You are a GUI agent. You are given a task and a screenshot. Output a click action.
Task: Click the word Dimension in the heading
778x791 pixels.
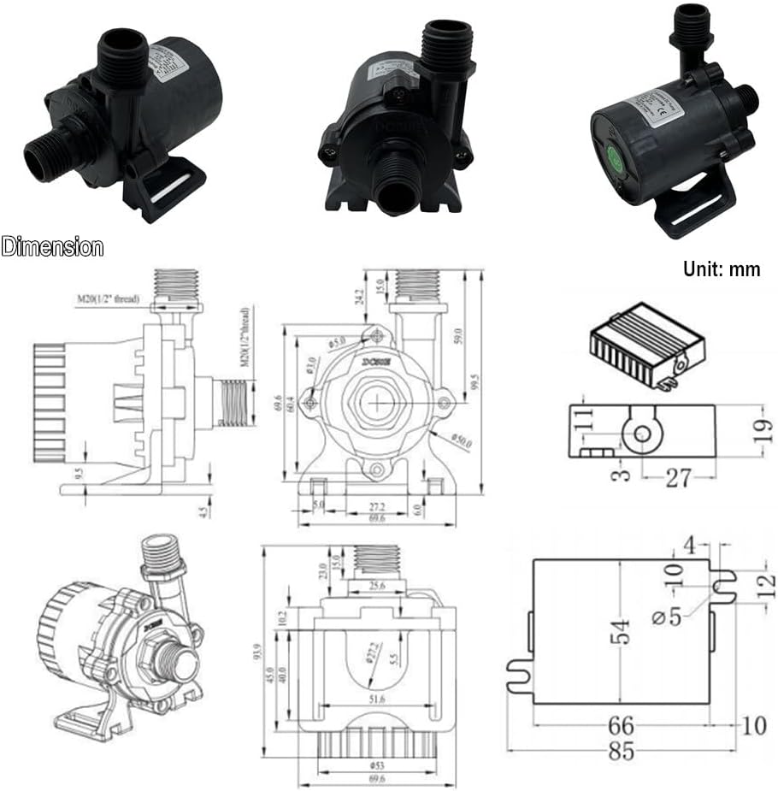pos(52,248)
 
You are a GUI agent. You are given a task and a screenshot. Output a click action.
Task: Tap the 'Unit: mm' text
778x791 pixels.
pos(721,269)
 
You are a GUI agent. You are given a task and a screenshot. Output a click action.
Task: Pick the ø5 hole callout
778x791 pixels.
pos(669,615)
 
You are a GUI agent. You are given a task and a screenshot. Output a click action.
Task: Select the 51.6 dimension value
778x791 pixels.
pos(377,700)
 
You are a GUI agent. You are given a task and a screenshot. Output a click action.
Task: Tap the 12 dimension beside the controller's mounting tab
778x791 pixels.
pos(766,586)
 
